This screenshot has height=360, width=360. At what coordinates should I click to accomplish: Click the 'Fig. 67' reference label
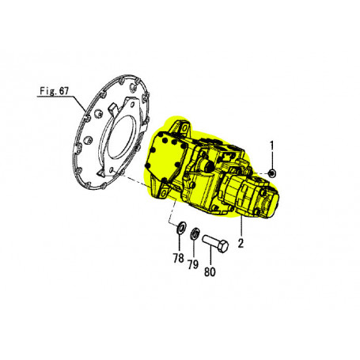point(54,91)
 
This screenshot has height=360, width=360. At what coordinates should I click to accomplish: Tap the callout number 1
point(271,146)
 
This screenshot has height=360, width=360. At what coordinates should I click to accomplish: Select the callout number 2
point(241,243)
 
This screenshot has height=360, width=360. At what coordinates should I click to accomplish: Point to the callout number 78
point(179,258)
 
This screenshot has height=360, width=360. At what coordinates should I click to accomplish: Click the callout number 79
point(193,264)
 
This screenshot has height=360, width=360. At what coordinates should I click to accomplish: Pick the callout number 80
point(210,271)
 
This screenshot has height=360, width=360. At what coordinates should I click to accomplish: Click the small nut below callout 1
point(271,173)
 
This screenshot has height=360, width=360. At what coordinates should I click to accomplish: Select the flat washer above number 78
point(181,227)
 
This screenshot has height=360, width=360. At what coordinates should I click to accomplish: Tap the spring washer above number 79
point(195,233)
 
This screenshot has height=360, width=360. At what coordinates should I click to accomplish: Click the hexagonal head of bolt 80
point(223,247)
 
